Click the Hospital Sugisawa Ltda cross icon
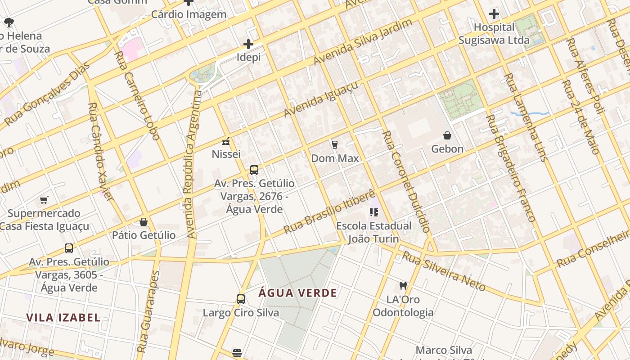click(x=494, y=14)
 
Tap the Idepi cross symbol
click(x=248, y=44)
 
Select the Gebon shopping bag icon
click(x=447, y=135)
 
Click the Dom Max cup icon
click(x=334, y=144)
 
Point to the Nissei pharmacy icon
click(x=226, y=141)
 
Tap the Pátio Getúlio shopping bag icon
click(x=144, y=222)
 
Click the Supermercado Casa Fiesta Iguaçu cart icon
click(x=44, y=200)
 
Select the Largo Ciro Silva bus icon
click(x=241, y=299)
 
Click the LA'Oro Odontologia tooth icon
click(x=403, y=286)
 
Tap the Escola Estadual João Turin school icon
click(x=373, y=212)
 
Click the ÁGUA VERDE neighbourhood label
click(x=298, y=293)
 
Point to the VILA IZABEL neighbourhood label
click(x=63, y=318)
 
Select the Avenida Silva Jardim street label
click(x=363, y=41)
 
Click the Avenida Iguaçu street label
click(x=322, y=99)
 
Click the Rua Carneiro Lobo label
click(x=136, y=95)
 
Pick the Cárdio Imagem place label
click(x=189, y=14)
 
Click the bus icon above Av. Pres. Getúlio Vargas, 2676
click(x=254, y=170)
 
